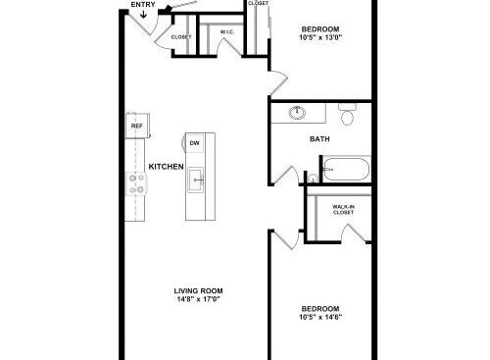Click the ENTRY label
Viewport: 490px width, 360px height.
click(143, 5)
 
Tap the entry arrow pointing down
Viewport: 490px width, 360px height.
click(143, 14)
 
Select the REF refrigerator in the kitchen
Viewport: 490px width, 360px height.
click(137, 126)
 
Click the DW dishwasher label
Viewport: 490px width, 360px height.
click(195, 143)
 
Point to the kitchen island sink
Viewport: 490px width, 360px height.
click(196, 180)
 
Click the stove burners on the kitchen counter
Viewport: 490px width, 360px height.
click(136, 183)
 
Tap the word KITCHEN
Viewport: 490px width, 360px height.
click(166, 167)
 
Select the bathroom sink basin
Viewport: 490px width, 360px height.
click(297, 113)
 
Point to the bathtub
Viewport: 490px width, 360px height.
click(347, 169)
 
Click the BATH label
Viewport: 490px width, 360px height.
click(319, 139)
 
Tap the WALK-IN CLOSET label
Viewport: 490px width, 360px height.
click(343, 209)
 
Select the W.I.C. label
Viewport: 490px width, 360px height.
click(227, 32)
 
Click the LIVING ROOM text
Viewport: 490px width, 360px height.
click(199, 290)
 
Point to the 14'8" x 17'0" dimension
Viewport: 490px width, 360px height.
click(199, 299)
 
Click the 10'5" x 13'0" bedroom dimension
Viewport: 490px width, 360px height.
click(320, 37)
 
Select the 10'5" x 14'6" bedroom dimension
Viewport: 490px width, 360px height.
click(320, 317)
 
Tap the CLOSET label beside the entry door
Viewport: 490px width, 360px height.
click(181, 37)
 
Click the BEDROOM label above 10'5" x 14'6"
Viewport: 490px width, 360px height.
click(320, 308)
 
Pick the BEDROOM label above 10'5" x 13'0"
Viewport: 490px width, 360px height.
click(320, 29)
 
